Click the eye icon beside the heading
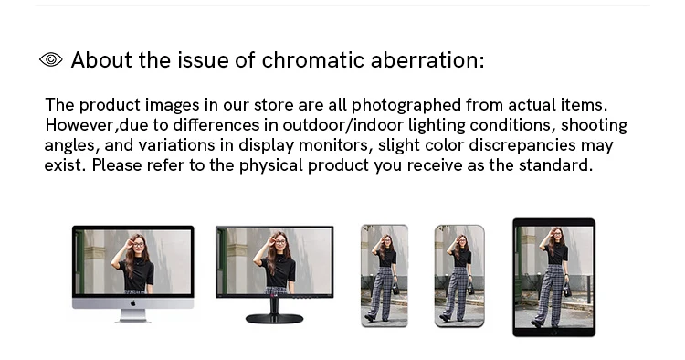coord(51,59)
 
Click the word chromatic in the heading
coord(312,60)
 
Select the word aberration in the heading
coord(427,60)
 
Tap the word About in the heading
coord(101,60)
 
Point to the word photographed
coord(406,105)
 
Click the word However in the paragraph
coord(80,125)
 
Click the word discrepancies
coord(522,145)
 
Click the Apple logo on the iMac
coord(132,303)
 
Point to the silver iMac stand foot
coord(132,321)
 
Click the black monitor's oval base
coord(274,319)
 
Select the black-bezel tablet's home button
coord(554,333)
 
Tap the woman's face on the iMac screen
coord(139,242)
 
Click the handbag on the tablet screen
coord(566,289)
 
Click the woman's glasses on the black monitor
coord(279,241)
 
